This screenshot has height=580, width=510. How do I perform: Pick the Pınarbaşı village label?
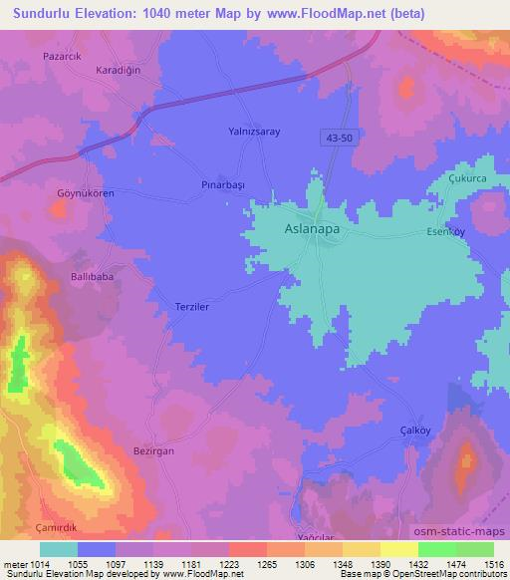coord(224,185)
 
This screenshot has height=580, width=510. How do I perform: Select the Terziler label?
coord(192,309)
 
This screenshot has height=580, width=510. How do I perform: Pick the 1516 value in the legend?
coord(492,565)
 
